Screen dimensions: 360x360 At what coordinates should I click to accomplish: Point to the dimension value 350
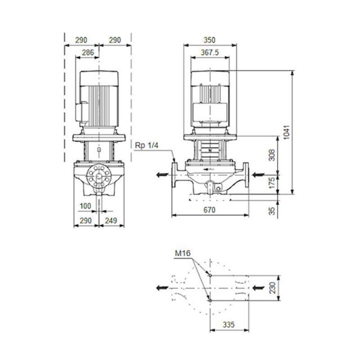click(x=210, y=40)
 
